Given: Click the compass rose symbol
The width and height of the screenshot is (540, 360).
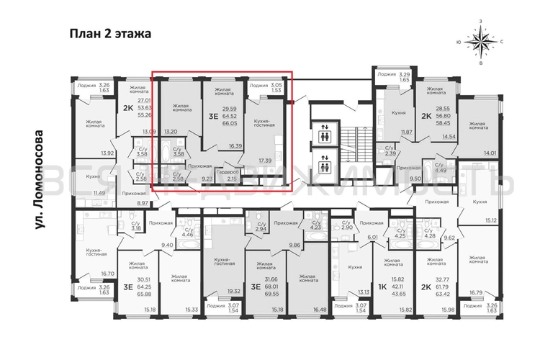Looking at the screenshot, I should pyautogui.click(x=478, y=42).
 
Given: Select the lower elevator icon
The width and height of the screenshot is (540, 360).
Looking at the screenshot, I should pyautogui.click(x=325, y=166).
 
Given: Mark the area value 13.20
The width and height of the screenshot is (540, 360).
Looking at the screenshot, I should pyautogui.click(x=171, y=132).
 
